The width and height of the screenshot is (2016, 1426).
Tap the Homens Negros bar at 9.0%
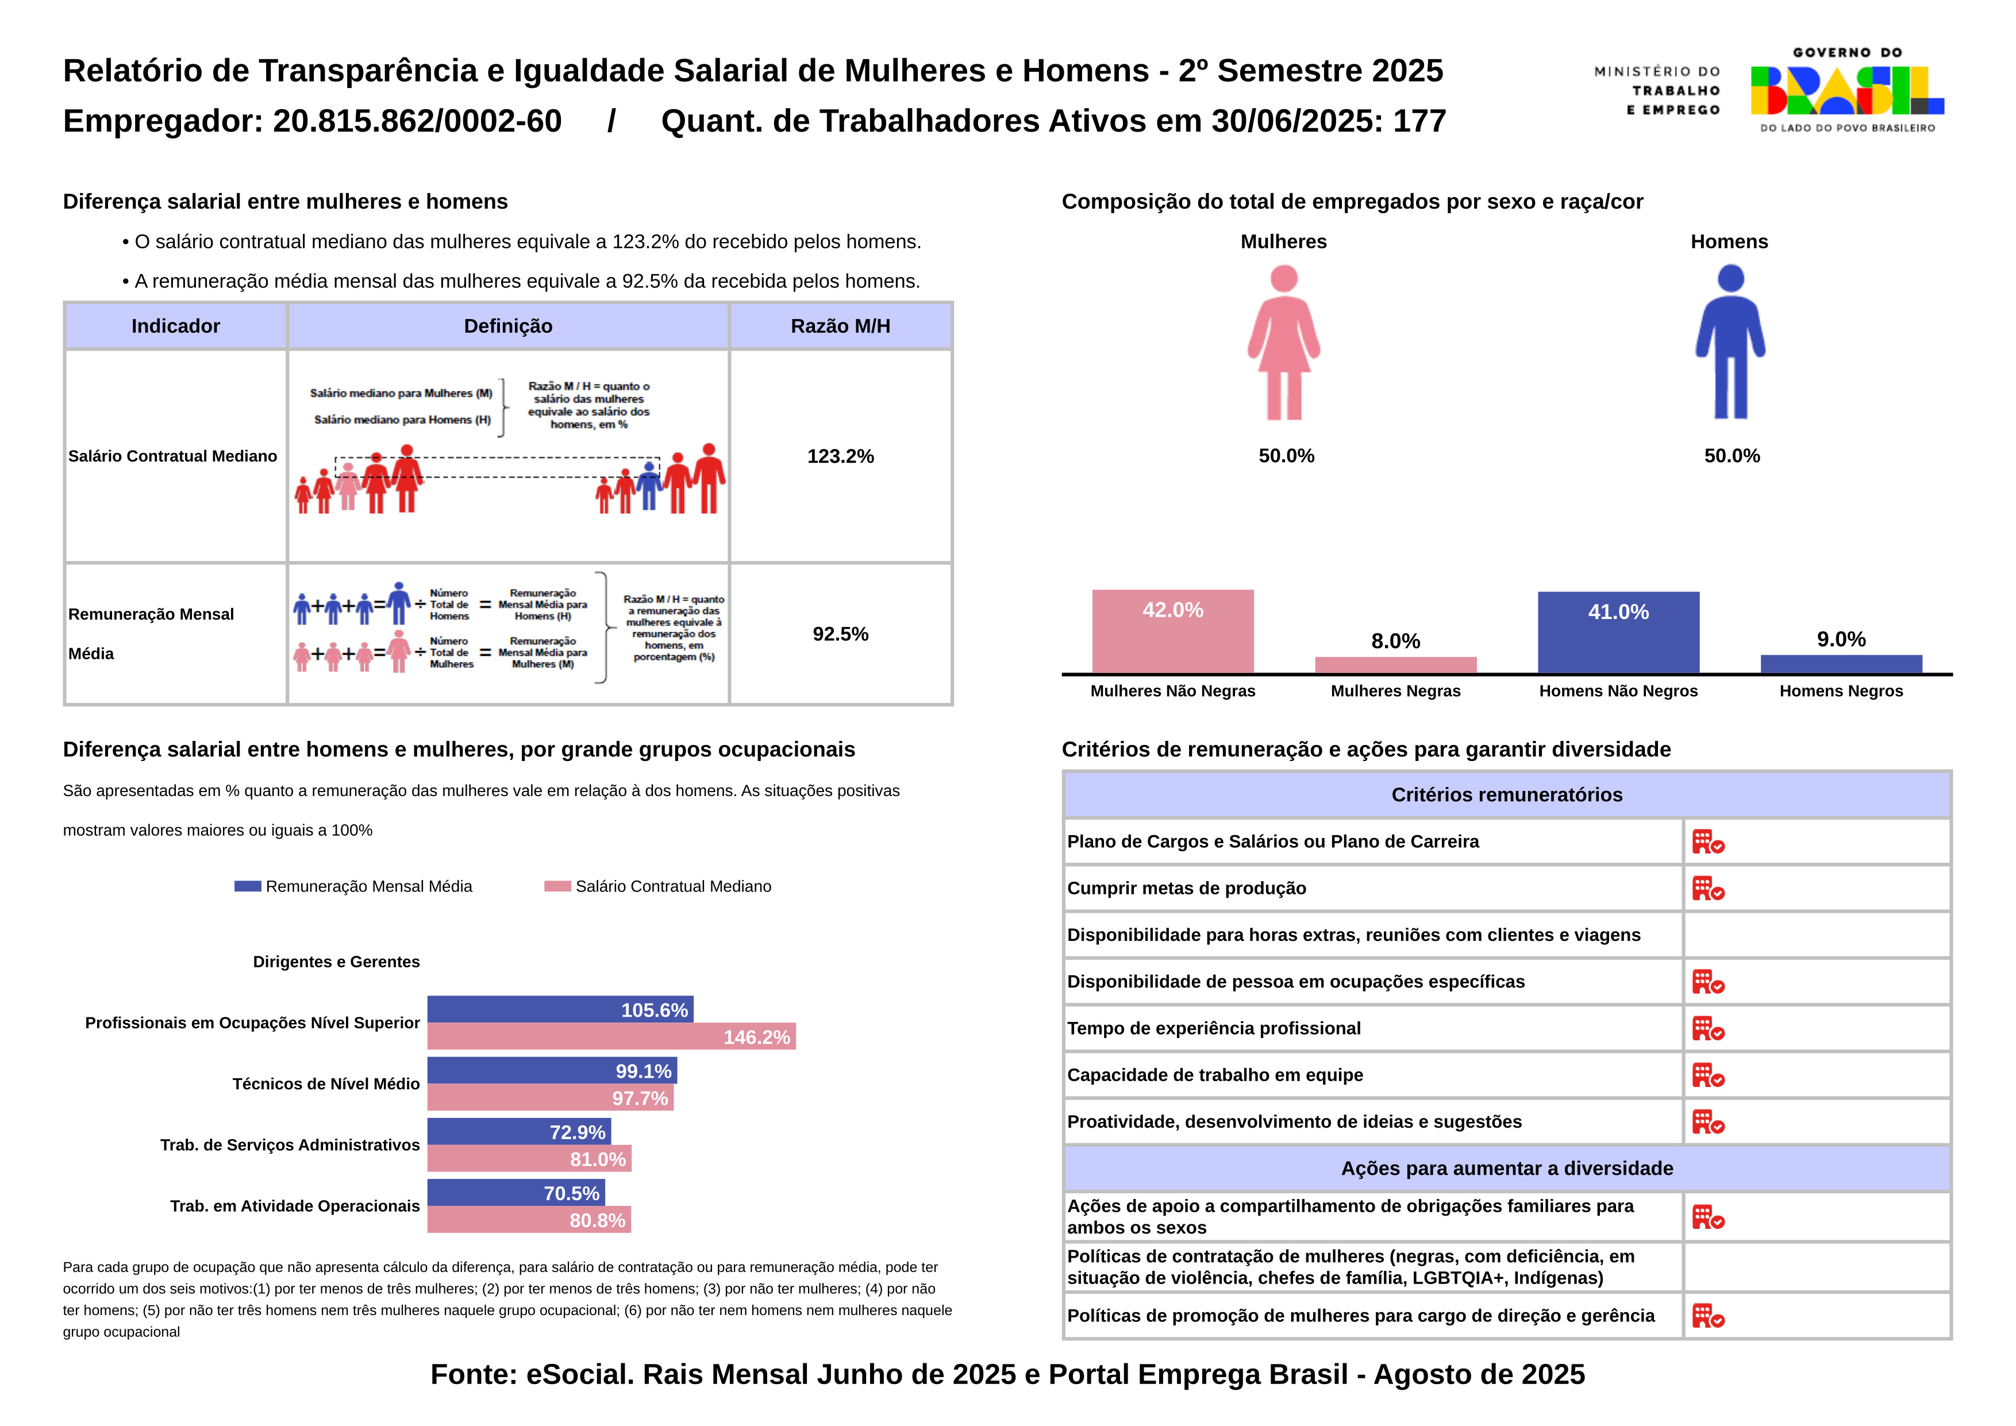[1840, 664]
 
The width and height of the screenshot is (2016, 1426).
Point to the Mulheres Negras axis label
[1395, 691]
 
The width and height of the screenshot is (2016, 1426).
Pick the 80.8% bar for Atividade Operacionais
[529, 1220]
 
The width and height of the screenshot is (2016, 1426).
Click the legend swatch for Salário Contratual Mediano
[557, 886]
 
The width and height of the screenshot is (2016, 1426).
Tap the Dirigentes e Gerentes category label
[336, 962]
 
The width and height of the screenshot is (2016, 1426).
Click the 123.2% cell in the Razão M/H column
[840, 456]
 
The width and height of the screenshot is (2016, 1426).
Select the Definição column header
[509, 326]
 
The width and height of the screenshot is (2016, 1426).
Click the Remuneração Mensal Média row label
[151, 633]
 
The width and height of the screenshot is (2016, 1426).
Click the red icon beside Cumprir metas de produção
[1708, 889]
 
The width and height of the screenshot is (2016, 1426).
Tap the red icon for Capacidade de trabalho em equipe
[1708, 1075]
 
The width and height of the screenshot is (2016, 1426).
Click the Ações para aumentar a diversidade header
[1507, 1169]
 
